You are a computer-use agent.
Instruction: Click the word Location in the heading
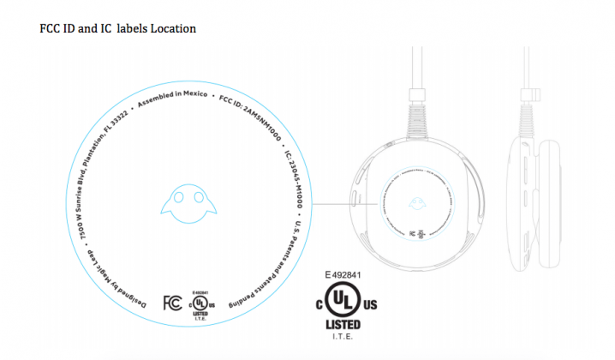[x=174, y=28]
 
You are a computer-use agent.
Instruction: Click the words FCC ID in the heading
[x=60, y=28]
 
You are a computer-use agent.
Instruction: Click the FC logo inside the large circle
[x=170, y=303]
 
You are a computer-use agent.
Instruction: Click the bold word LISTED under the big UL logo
[x=343, y=326]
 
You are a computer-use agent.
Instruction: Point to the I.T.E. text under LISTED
[x=343, y=337]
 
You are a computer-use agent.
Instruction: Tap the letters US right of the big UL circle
[x=370, y=304]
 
